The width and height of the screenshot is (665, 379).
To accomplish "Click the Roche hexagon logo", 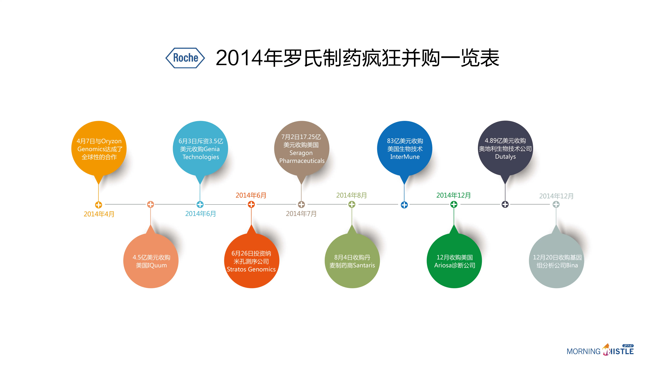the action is coord(185,58).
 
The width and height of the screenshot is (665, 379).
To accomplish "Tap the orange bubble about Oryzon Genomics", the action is coord(99,149).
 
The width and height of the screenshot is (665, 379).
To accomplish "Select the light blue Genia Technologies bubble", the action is coord(200,149).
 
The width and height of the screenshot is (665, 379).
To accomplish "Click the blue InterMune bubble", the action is coord(405,149).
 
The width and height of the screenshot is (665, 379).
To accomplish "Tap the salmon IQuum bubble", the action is coord(151,261).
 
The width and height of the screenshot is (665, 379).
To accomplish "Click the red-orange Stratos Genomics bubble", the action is coord(251,261).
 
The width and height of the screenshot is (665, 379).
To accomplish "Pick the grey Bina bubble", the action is coord(557,261).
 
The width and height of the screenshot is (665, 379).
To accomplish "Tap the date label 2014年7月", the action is coord(301,214).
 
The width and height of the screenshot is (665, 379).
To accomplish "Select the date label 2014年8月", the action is coord(351,195).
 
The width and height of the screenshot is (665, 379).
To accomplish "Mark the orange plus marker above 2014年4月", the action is coord(99,205).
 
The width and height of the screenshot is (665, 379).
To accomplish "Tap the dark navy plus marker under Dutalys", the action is coord(505,205).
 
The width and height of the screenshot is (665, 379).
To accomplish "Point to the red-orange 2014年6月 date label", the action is coord(251,195).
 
